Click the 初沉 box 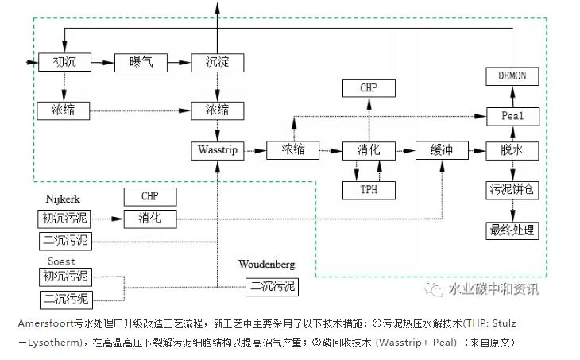[x=63, y=62]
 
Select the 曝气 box [x=139, y=62]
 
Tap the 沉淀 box [x=216, y=62]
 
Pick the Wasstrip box [x=216, y=149]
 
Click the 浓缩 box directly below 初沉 [x=63, y=110]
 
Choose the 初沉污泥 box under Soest [x=66, y=277]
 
